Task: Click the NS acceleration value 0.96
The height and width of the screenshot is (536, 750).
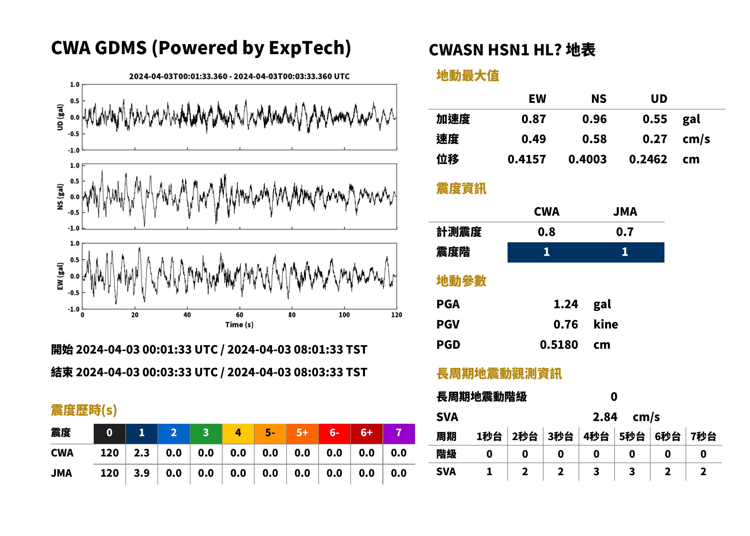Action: pyautogui.click(x=594, y=119)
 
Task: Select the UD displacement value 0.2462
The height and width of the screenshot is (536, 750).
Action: pyautogui.click(x=648, y=159)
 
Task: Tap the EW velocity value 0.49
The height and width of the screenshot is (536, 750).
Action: pyautogui.click(x=533, y=139)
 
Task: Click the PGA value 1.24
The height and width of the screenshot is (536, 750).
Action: pyautogui.click(x=566, y=304)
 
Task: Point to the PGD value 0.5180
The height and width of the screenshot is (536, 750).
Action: pyautogui.click(x=559, y=345)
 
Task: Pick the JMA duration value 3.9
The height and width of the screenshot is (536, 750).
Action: pyautogui.click(x=141, y=473)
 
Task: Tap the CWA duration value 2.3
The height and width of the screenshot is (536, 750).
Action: pyautogui.click(x=141, y=453)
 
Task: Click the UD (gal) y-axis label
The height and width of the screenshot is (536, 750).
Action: pyautogui.click(x=60, y=117)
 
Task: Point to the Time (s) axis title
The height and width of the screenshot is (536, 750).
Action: pyautogui.click(x=239, y=325)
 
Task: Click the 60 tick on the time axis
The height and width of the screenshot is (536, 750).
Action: pyautogui.click(x=239, y=315)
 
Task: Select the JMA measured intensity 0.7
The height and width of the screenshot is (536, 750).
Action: pyautogui.click(x=625, y=232)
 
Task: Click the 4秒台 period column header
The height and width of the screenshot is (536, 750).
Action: pyautogui.click(x=596, y=437)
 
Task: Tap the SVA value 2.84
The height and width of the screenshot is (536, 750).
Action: pyautogui.click(x=605, y=417)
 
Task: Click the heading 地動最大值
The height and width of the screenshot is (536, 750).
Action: pyautogui.click(x=468, y=76)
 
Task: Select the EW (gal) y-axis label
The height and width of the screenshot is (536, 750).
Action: pyautogui.click(x=60, y=276)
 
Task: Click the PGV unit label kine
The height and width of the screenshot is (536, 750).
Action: pyautogui.click(x=606, y=325)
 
